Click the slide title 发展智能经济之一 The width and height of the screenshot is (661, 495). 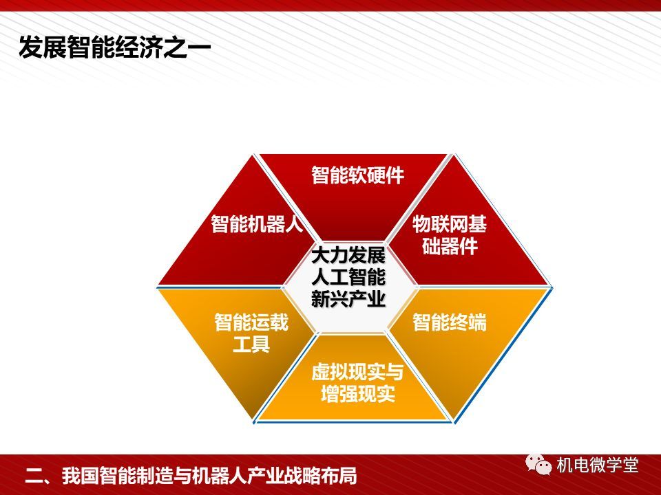[x=115, y=47]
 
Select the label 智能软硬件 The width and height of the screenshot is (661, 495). [x=357, y=175]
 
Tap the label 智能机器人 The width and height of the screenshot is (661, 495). [x=257, y=223]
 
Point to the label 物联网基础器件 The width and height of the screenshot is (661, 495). [x=450, y=234]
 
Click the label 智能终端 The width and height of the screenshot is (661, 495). [x=450, y=322]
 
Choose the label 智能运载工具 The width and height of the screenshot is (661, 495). [x=251, y=333]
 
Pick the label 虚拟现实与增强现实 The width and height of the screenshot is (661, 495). [x=357, y=383]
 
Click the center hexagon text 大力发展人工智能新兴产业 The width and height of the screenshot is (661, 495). [x=348, y=277]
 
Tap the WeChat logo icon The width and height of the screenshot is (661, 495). [x=538, y=465]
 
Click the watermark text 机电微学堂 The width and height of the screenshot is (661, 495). [x=598, y=465]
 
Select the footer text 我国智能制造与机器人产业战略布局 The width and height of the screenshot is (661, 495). [x=209, y=476]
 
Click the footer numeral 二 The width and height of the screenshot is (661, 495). [x=34, y=476]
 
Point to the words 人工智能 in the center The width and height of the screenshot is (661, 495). [x=348, y=277]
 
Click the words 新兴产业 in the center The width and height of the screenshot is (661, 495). [x=348, y=298]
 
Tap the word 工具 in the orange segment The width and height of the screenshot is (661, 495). [x=251, y=344]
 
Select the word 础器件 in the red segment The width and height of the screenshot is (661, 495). [x=450, y=245]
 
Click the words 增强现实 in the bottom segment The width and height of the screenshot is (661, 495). [x=357, y=393]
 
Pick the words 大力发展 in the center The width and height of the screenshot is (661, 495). [x=348, y=256]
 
